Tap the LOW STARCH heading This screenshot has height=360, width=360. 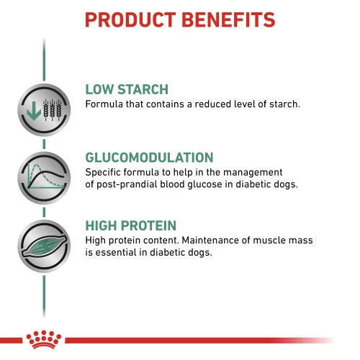[126, 90]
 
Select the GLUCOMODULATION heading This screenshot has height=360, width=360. [149, 158]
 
